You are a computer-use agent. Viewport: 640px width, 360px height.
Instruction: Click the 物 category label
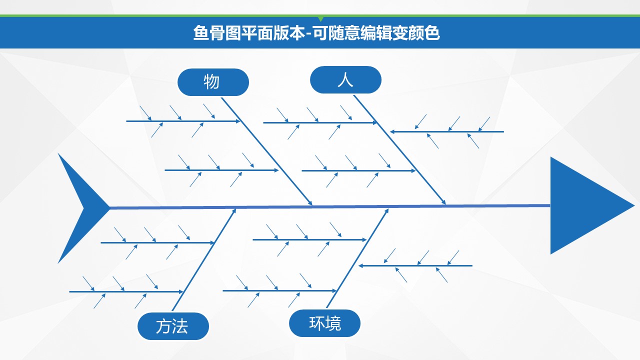coord(213,82)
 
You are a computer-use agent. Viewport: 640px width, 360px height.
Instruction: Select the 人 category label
coord(345,79)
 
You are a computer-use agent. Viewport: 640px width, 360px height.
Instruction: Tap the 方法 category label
coord(172,326)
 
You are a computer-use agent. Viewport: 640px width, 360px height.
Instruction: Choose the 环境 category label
coord(324,323)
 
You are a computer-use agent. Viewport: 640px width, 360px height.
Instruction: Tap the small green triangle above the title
coord(320,19)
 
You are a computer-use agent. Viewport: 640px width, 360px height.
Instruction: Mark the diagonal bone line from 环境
coord(357,258)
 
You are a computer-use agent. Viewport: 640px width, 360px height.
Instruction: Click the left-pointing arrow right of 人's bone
coord(446,132)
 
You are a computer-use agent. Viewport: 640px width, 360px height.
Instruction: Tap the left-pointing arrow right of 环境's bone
coord(415,266)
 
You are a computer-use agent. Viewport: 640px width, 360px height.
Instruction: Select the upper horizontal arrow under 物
coord(183,121)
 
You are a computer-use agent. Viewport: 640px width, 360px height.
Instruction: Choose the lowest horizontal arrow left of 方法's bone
coord(126,291)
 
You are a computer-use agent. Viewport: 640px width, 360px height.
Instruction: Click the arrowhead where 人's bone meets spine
coord(443,202)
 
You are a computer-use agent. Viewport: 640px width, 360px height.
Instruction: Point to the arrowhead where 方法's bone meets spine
coord(233,211)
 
